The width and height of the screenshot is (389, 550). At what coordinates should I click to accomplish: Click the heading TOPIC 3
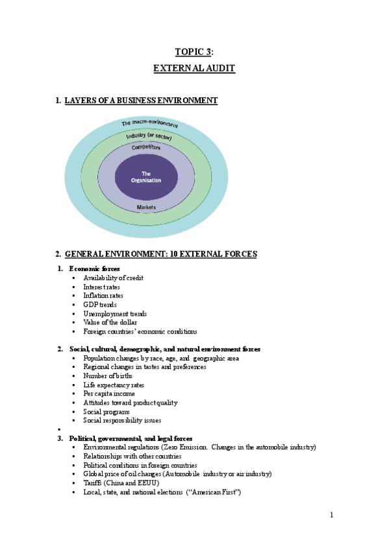[194, 52]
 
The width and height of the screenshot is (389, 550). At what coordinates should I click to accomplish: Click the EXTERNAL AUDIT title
[194, 67]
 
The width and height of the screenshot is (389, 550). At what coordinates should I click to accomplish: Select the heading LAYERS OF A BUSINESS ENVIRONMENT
[141, 101]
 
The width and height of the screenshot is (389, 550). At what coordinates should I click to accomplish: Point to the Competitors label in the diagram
[146, 147]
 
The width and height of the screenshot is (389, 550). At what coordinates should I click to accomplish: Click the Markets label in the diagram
[146, 207]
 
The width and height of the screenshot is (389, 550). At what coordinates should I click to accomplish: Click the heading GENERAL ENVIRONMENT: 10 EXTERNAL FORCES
[161, 254]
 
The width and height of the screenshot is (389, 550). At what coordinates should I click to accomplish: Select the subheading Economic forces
[94, 269]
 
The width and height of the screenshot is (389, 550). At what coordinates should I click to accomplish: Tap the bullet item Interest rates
[101, 287]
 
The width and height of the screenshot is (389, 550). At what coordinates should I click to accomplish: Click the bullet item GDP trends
[99, 304]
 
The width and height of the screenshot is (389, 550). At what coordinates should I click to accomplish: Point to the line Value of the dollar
[108, 322]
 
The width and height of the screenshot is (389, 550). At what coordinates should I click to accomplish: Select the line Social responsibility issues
[122, 420]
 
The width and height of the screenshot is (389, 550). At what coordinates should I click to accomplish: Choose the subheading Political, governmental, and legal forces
[131, 438]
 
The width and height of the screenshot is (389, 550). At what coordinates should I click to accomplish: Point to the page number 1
[331, 516]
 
